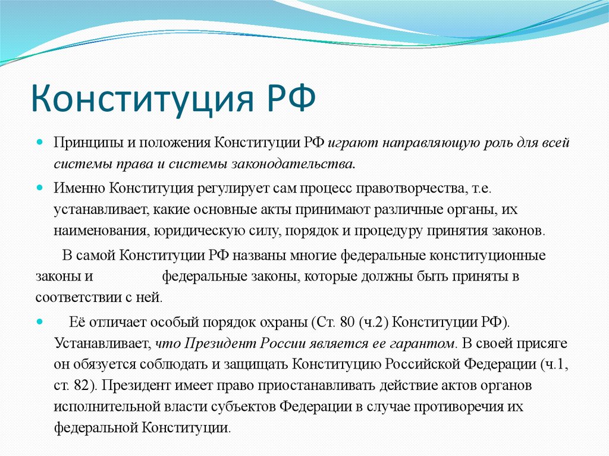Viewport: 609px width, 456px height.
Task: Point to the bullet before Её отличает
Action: click(39, 322)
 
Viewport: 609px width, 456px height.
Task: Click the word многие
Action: click(313, 256)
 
